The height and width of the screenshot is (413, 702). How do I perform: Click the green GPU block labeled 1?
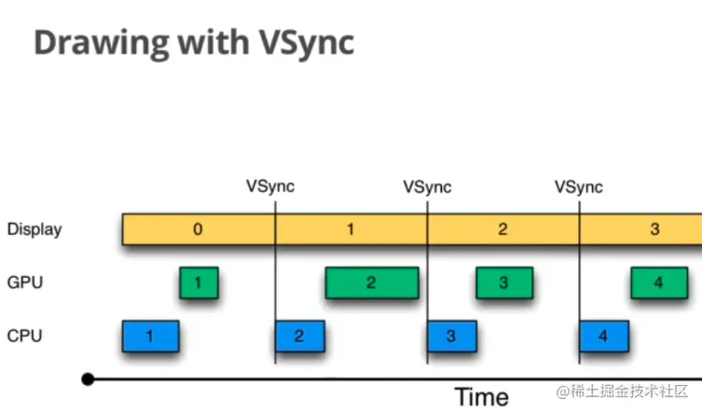199,282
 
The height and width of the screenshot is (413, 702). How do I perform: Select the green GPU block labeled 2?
371,282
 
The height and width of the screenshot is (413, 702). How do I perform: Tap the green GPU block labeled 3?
503,282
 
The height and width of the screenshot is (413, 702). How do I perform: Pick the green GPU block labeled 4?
658,282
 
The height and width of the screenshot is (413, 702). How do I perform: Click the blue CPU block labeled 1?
149,337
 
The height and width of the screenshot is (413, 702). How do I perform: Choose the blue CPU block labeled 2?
299,337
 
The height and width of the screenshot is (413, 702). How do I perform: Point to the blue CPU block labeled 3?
451,337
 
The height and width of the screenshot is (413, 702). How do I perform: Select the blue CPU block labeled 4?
603,337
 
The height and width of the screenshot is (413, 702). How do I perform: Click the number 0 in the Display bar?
197,228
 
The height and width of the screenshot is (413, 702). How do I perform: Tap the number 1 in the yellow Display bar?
351,228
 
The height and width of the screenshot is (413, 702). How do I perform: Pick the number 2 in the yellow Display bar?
502,228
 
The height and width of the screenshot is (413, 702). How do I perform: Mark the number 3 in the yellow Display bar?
654,228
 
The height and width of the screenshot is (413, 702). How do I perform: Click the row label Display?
34,228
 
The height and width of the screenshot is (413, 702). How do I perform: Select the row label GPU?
24,282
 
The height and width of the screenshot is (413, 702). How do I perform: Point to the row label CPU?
24,336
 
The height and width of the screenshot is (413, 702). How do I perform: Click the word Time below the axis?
481,395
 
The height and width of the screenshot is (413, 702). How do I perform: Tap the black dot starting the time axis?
88,379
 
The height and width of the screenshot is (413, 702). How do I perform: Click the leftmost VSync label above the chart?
270,186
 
